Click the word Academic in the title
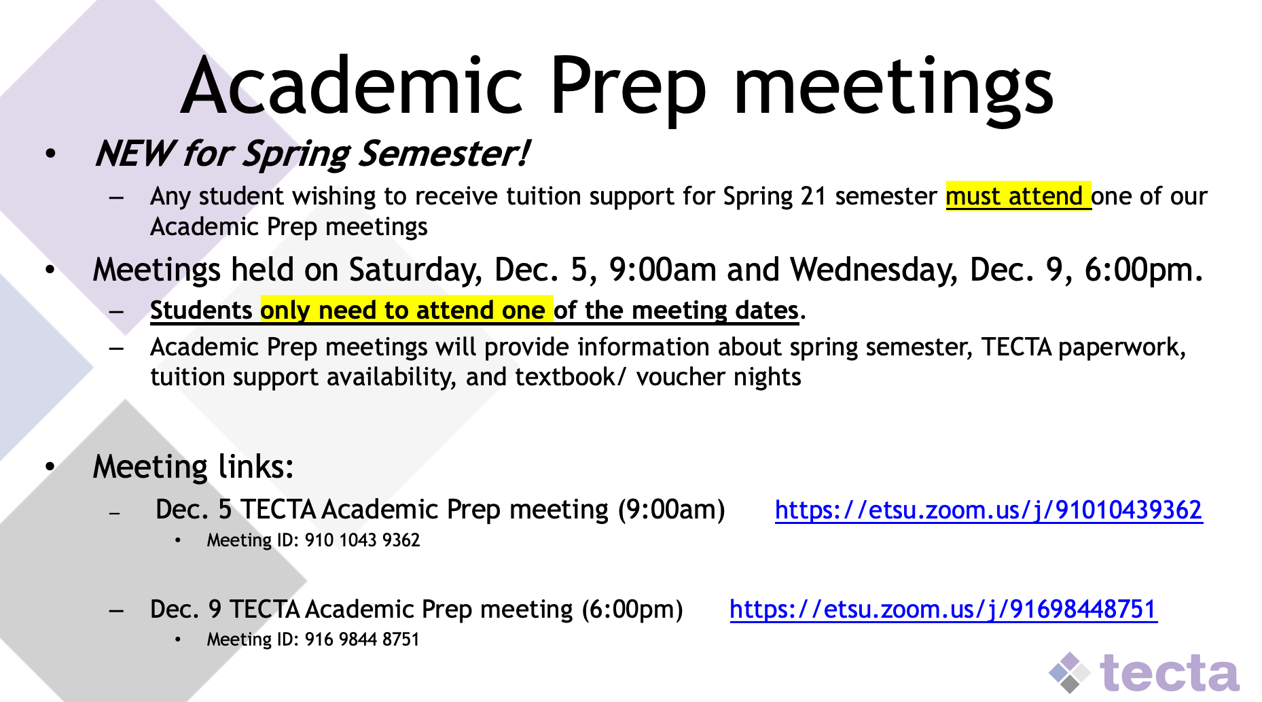click(x=352, y=86)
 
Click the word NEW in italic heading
click(x=134, y=153)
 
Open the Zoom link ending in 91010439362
click(x=988, y=510)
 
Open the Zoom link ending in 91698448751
click(x=943, y=609)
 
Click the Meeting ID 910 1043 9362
click(x=362, y=540)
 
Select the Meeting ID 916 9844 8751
click(x=362, y=639)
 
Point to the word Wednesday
click(x=874, y=270)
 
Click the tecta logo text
click(x=1170, y=673)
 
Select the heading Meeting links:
click(x=194, y=467)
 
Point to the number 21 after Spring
click(x=813, y=196)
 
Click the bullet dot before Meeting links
click(x=50, y=467)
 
